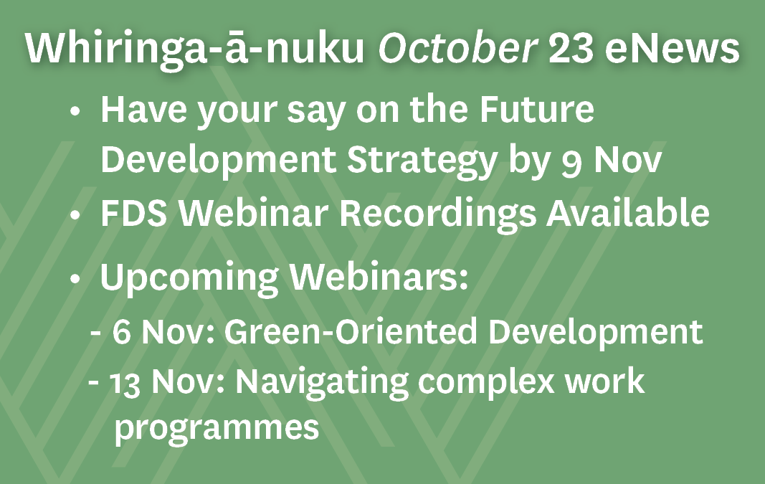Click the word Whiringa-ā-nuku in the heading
(195, 49)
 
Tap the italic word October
(458, 48)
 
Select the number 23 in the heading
(571, 48)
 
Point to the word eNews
(673, 48)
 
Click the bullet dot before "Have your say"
(75, 111)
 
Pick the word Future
(537, 108)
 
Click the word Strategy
(422, 161)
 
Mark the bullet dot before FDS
(75, 214)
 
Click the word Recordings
(437, 213)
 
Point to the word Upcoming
(189, 277)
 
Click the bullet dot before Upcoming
(75, 279)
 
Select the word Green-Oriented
(351, 331)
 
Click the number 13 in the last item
(125, 383)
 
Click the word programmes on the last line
(217, 428)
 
